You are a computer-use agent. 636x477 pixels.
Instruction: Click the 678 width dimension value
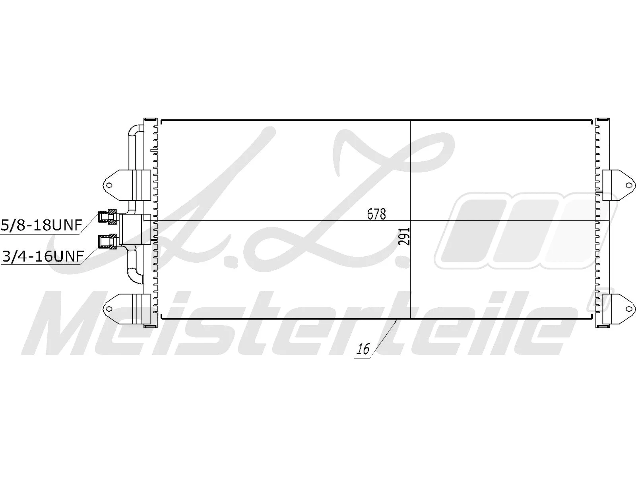pyautogui.click(x=376, y=214)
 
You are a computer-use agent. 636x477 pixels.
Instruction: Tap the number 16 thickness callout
pyautogui.click(x=363, y=349)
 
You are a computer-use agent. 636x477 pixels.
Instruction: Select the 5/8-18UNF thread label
pyautogui.click(x=41, y=225)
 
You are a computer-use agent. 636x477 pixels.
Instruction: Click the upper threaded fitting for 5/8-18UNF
pyautogui.click(x=108, y=215)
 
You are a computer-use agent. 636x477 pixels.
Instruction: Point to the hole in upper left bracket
pyautogui.click(x=109, y=184)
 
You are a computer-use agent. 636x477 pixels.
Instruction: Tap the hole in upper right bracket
pyautogui.click(x=628, y=185)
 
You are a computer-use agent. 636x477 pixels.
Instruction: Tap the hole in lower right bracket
pyautogui.click(x=628, y=309)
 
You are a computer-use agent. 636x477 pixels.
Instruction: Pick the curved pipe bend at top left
pyautogui.click(x=134, y=130)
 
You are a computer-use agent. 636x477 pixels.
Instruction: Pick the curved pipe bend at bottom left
pyautogui.click(x=134, y=274)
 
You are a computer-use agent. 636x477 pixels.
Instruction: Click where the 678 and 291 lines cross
pyautogui.click(x=410, y=220)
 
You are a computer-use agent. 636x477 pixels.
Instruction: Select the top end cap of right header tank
pyautogui.click(x=603, y=119)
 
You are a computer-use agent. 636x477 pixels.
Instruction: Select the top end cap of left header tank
pyautogui.click(x=150, y=119)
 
